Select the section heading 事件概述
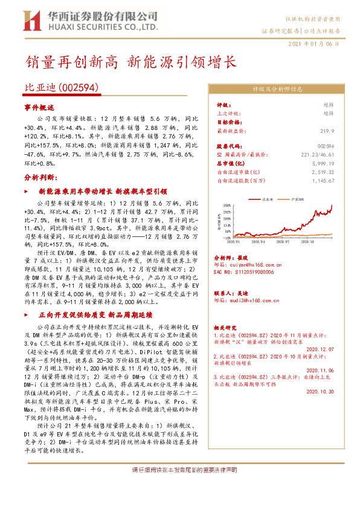tap(39, 106)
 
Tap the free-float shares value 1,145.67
tap(323, 180)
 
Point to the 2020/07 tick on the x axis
tap(284, 241)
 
